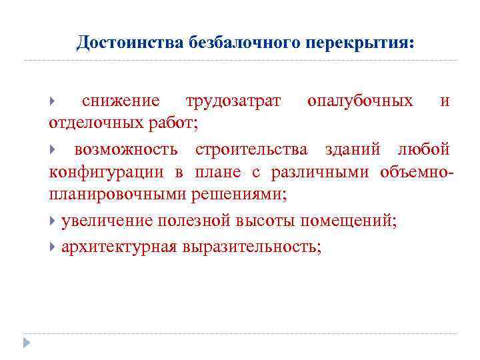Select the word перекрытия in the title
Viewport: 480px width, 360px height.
(360, 43)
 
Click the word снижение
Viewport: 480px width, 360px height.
(121, 101)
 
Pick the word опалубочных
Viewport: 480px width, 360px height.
(360, 101)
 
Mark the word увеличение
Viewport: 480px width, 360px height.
(106, 221)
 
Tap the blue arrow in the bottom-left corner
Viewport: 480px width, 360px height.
(27, 343)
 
